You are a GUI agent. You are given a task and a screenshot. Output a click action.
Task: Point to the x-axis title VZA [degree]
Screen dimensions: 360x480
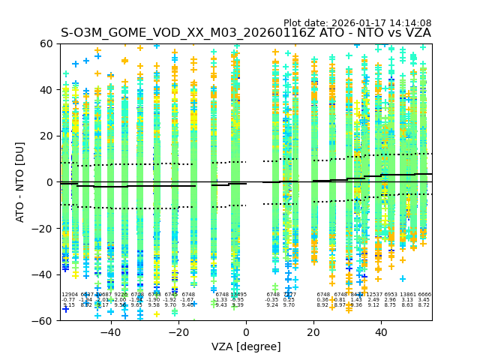(x=246, y=346)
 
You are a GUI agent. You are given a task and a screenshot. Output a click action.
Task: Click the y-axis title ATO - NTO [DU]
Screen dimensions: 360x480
(x=21, y=182)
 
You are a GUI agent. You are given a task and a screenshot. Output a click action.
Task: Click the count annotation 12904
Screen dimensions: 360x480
(x=70, y=295)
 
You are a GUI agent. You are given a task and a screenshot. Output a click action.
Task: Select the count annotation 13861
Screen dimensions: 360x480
(x=408, y=295)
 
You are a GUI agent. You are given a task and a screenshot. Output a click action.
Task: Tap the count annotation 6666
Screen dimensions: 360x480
(x=424, y=295)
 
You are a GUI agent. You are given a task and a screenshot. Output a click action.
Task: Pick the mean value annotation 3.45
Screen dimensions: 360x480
(x=424, y=300)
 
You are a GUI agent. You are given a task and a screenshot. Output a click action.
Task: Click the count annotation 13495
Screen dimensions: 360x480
(x=238, y=295)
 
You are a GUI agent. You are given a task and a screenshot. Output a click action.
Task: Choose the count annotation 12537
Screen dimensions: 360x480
(x=374, y=295)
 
